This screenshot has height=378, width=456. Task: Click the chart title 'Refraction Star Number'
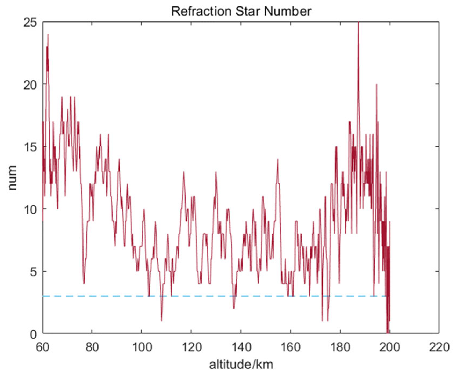pyautogui.click(x=241, y=11)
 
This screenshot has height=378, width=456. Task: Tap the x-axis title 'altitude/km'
pyautogui.click(x=241, y=365)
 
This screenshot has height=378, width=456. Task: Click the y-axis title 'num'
pyautogui.click(x=12, y=178)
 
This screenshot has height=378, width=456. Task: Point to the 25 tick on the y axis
pyautogui.click(x=30, y=23)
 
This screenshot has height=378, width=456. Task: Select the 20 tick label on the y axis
pyautogui.click(x=30, y=84)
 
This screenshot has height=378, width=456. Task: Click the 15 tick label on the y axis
pyautogui.click(x=30, y=147)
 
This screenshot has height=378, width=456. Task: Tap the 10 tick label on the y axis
pyautogui.click(x=30, y=209)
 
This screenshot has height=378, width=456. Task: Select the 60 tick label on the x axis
pyautogui.click(x=43, y=347)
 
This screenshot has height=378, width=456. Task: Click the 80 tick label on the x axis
pyautogui.click(x=92, y=347)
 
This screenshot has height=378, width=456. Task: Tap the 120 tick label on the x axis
pyautogui.click(x=191, y=347)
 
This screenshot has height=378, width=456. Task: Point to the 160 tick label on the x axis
pyautogui.click(x=291, y=347)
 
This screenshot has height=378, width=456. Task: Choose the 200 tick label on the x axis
pyautogui.click(x=390, y=347)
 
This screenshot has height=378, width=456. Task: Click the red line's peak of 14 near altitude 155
pyautogui.click(x=278, y=159)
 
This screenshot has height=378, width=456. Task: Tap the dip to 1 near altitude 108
pyautogui.click(x=161, y=321)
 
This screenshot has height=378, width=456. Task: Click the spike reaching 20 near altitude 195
pyautogui.click(x=377, y=84)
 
